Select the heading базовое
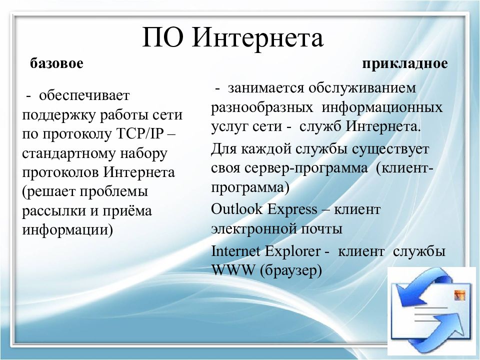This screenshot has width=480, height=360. [x=56, y=64]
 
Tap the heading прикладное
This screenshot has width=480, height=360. [x=405, y=64]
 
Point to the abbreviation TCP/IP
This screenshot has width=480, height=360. [x=144, y=134]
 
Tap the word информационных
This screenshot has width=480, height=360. [x=382, y=107]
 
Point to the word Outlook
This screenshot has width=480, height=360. [x=237, y=209]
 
